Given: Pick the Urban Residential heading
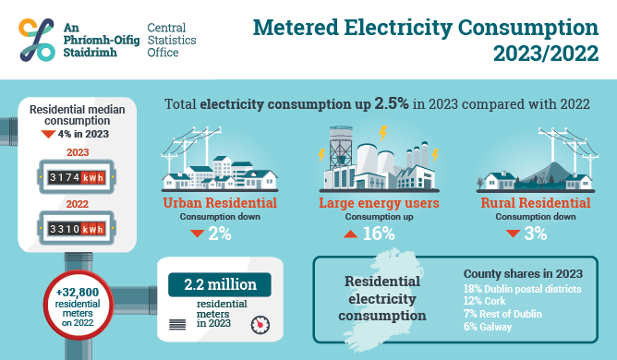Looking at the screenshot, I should (220, 203).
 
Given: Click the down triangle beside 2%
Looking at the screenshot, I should (197, 234).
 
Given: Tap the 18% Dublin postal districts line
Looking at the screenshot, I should (522, 289).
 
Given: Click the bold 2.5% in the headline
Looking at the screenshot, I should (393, 104).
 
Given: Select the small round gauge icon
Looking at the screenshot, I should (261, 324).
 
